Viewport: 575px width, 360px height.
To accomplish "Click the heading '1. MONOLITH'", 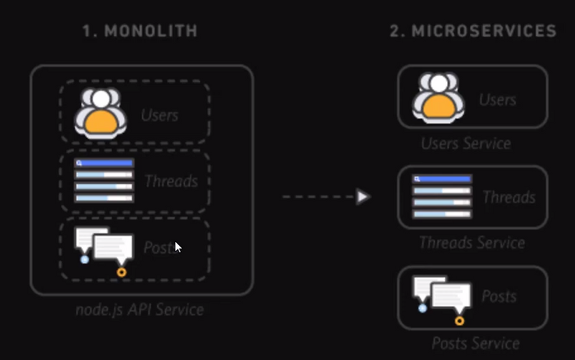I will point(139,31).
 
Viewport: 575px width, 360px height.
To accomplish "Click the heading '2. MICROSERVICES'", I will point(472,31).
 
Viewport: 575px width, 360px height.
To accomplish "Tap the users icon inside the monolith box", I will point(101,112).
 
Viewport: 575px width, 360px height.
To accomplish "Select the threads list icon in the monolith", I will point(104,180).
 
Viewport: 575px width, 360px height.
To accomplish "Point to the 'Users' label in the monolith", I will point(160,114).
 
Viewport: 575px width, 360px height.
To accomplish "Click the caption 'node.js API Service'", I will point(139,310).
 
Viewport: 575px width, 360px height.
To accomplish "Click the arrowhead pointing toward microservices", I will point(363,196).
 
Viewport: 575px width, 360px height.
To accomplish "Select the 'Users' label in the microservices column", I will point(497,99).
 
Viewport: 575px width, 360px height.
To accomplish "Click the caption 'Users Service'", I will point(466,144).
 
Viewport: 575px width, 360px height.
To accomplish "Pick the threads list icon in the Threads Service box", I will point(441,195).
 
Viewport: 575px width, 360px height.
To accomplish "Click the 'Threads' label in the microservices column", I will point(508,197).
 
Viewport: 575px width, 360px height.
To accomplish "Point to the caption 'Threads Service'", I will point(471,243).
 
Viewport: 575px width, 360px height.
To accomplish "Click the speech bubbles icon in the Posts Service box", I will point(441,297).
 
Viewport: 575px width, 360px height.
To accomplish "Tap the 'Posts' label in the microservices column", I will point(499,296).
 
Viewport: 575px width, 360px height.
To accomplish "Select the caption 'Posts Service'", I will point(475,343).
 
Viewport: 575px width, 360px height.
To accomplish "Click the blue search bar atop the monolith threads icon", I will point(104,164).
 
